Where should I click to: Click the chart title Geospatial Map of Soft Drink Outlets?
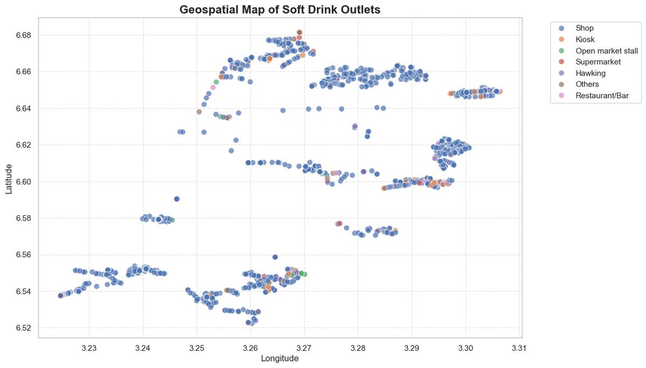(279, 10)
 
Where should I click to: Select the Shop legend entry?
(584, 27)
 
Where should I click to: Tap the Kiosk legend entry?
(585, 39)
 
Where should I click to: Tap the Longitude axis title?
(279, 358)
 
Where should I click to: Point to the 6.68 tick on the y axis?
(23, 35)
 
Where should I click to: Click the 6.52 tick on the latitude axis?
(23, 328)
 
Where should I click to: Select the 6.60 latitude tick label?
(23, 181)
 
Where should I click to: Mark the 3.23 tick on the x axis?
(89, 347)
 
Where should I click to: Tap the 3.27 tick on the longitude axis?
(304, 347)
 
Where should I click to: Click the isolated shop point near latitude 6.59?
(177, 199)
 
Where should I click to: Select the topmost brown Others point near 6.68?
(299, 33)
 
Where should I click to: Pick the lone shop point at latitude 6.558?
(275, 257)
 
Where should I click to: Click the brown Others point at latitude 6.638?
(199, 112)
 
